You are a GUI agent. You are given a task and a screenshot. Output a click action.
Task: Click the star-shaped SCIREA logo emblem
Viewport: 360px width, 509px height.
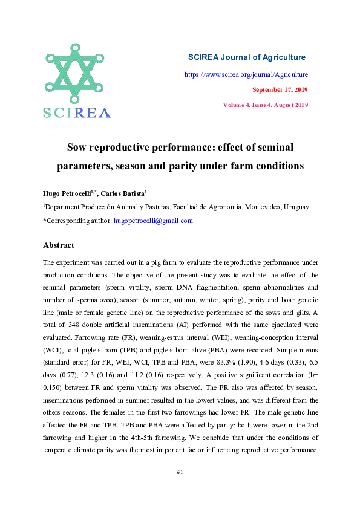[76, 74]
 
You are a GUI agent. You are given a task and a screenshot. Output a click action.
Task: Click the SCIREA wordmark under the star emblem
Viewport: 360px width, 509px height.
[76, 112]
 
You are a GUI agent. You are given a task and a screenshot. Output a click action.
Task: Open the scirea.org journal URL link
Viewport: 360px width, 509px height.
[246, 74]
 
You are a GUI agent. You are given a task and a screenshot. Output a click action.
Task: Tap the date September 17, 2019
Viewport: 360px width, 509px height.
[280, 89]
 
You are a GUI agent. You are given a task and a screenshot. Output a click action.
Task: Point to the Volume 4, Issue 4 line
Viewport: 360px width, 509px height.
[266, 105]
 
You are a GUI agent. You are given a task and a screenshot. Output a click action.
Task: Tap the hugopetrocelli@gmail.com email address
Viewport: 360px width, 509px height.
[153, 221]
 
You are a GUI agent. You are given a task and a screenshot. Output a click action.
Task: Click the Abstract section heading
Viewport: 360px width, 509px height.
[59, 245]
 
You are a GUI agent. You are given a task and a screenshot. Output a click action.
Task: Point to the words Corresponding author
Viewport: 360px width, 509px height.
[78, 221]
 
